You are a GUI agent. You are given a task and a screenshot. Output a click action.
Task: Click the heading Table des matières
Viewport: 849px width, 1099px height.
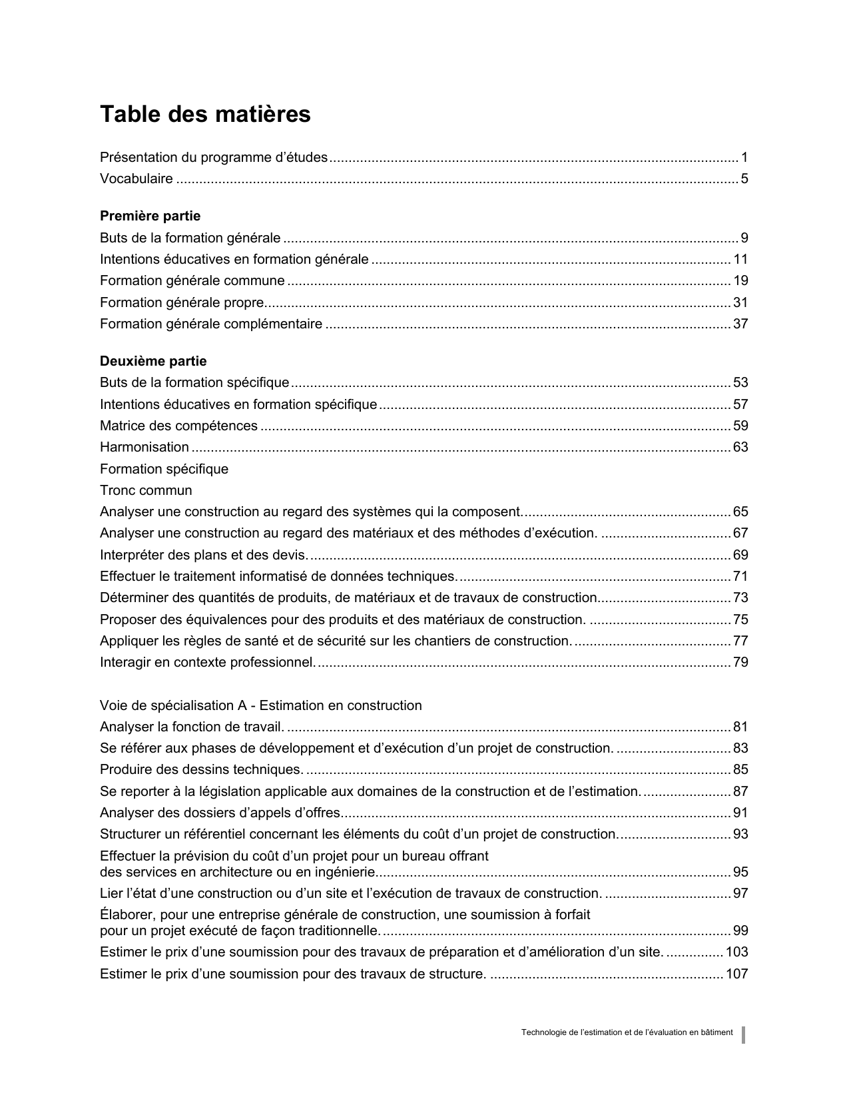[205, 115]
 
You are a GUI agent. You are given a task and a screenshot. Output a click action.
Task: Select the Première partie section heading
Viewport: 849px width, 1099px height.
[150, 216]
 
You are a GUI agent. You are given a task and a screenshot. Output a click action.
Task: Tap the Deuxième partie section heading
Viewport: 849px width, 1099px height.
[153, 361]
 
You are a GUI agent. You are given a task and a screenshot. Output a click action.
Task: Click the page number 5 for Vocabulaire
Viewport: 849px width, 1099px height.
[744, 179]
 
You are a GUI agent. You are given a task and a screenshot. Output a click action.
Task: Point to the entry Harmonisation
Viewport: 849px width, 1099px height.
[144, 447]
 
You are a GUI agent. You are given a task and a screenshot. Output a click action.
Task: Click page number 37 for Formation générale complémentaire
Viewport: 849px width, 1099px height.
[740, 324]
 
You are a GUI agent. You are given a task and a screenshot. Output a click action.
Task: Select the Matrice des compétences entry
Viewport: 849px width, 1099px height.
[178, 426]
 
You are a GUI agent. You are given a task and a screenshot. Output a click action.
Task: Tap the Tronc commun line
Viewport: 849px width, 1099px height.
[146, 490]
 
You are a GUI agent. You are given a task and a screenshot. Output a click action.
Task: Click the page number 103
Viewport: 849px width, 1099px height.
[737, 952]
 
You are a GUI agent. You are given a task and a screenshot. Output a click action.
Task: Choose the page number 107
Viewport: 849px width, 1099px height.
[737, 974]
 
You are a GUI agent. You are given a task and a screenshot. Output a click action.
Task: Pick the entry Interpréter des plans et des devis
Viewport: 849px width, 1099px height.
[204, 555]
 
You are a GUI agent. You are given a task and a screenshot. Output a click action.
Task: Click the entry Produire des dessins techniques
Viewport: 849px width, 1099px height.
[201, 769]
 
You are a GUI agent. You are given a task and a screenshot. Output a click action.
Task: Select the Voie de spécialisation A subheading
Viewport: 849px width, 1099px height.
[260, 705]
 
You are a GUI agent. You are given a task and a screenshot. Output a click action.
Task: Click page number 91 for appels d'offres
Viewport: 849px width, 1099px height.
[740, 813]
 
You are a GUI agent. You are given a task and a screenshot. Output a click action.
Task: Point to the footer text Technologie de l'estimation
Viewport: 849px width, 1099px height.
[627, 1032]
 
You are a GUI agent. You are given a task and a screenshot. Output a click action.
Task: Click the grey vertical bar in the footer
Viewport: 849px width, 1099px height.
[744, 1034]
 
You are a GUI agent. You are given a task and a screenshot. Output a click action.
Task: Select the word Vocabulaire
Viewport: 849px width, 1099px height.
[137, 179]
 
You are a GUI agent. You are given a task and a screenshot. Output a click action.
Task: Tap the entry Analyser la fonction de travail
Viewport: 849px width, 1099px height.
[192, 727]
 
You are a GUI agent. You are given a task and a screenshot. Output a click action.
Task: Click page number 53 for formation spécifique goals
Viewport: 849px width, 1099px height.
[740, 382]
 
